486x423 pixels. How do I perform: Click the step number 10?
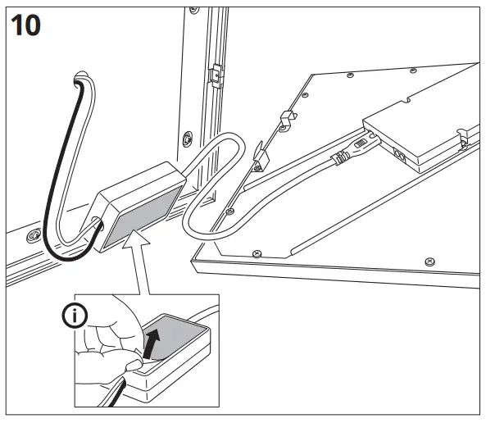pos(26,25)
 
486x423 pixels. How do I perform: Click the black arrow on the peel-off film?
pos(153,339)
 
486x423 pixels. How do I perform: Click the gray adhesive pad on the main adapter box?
pos(141,219)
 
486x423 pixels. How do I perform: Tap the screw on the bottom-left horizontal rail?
pos(34,237)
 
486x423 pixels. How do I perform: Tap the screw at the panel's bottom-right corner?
pos(429,261)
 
